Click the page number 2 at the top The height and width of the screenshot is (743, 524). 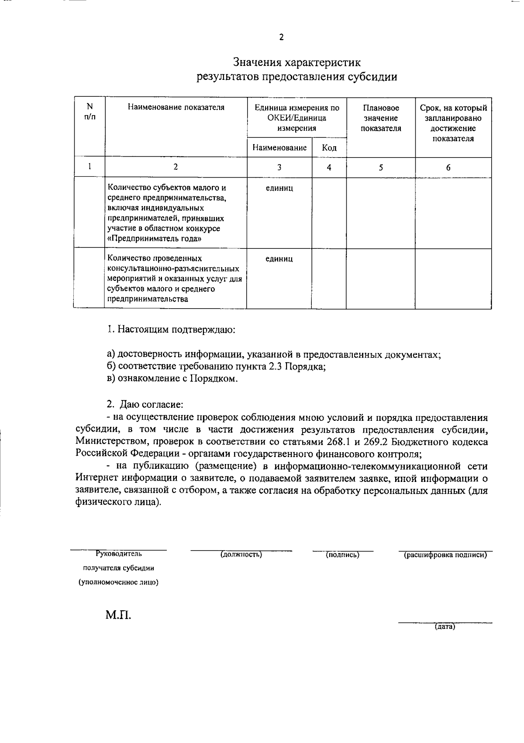click(x=281, y=38)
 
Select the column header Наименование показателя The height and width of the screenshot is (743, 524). click(x=176, y=107)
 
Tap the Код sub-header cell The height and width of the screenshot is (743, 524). click(x=329, y=148)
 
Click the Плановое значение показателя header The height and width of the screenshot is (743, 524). click(x=381, y=118)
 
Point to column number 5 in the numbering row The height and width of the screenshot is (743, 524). click(x=381, y=167)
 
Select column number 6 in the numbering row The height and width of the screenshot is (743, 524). click(x=448, y=167)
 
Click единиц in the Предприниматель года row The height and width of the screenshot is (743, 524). click(x=279, y=188)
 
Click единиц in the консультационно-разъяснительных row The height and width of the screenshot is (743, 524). click(x=279, y=259)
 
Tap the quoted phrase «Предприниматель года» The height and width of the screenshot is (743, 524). click(x=155, y=239)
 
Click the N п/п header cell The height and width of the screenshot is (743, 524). click(x=90, y=112)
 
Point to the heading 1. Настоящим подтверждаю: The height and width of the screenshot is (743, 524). click(x=171, y=329)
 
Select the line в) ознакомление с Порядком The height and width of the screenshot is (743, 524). click(x=172, y=378)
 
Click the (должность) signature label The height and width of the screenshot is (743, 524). click(x=241, y=555)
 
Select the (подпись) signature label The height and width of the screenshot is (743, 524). click(x=343, y=555)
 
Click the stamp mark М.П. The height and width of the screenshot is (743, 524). click(x=118, y=616)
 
